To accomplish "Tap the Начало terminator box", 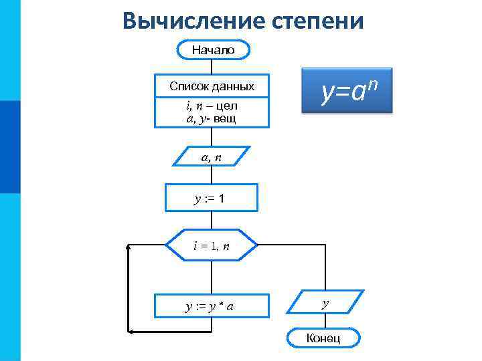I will (212, 50).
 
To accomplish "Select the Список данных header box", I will (212, 86).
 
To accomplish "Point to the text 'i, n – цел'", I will (212, 106).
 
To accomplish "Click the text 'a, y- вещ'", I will (212, 118).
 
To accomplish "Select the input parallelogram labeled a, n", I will (212, 158).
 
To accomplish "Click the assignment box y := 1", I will (212, 199).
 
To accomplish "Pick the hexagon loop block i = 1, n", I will (212, 245).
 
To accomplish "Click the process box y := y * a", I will (212, 306).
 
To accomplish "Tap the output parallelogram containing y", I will (326, 303).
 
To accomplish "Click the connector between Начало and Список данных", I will (212, 67).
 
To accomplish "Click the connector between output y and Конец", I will (325, 321).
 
